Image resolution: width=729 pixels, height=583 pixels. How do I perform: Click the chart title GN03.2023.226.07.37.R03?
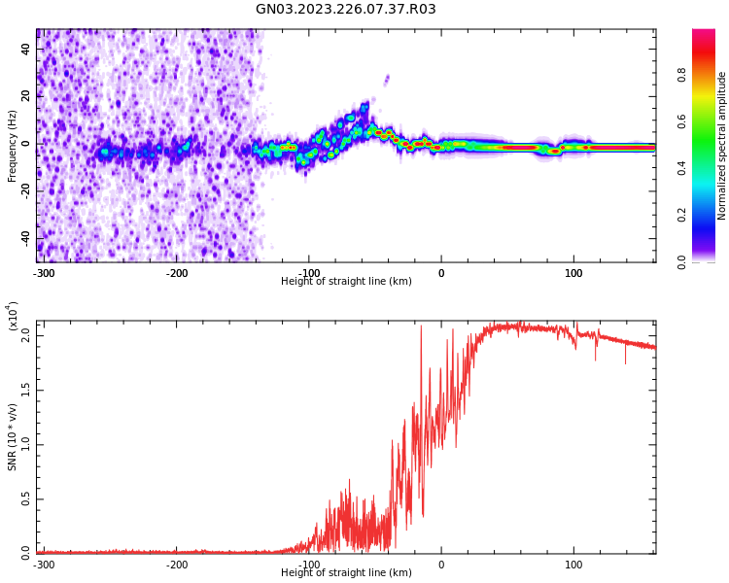click(x=346, y=10)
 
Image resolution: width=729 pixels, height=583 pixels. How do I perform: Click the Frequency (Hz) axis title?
click(x=13, y=146)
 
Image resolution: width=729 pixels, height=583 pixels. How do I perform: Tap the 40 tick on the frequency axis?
click(x=26, y=50)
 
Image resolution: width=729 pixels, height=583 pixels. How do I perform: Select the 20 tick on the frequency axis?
click(x=26, y=96)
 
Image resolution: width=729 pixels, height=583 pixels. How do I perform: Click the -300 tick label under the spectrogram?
click(x=43, y=273)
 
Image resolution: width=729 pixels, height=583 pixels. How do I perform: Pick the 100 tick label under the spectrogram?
click(x=573, y=273)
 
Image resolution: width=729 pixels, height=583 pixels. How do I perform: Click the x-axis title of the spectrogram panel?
click(x=346, y=282)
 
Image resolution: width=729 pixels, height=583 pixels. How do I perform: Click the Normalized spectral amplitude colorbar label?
click(x=722, y=146)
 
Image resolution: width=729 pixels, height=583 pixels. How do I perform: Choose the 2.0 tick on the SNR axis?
click(x=26, y=335)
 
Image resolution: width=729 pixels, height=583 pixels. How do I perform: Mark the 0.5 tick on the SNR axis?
click(x=26, y=499)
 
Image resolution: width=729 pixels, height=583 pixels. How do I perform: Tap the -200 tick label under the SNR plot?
click(x=176, y=565)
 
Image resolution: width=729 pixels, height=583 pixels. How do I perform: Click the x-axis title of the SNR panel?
click(x=346, y=573)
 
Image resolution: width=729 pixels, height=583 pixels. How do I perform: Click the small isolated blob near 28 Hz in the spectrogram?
click(x=386, y=79)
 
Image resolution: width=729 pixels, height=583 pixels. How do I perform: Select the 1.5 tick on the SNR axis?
click(x=26, y=390)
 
